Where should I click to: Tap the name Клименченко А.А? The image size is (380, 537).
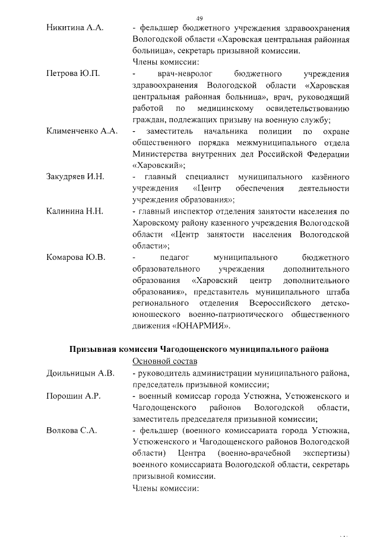(82, 130)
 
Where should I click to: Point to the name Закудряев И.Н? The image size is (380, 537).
(75, 176)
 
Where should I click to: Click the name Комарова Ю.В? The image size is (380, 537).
(75, 257)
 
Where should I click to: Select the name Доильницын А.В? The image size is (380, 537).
(80, 373)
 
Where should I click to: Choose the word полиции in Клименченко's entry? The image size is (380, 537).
(275, 130)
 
